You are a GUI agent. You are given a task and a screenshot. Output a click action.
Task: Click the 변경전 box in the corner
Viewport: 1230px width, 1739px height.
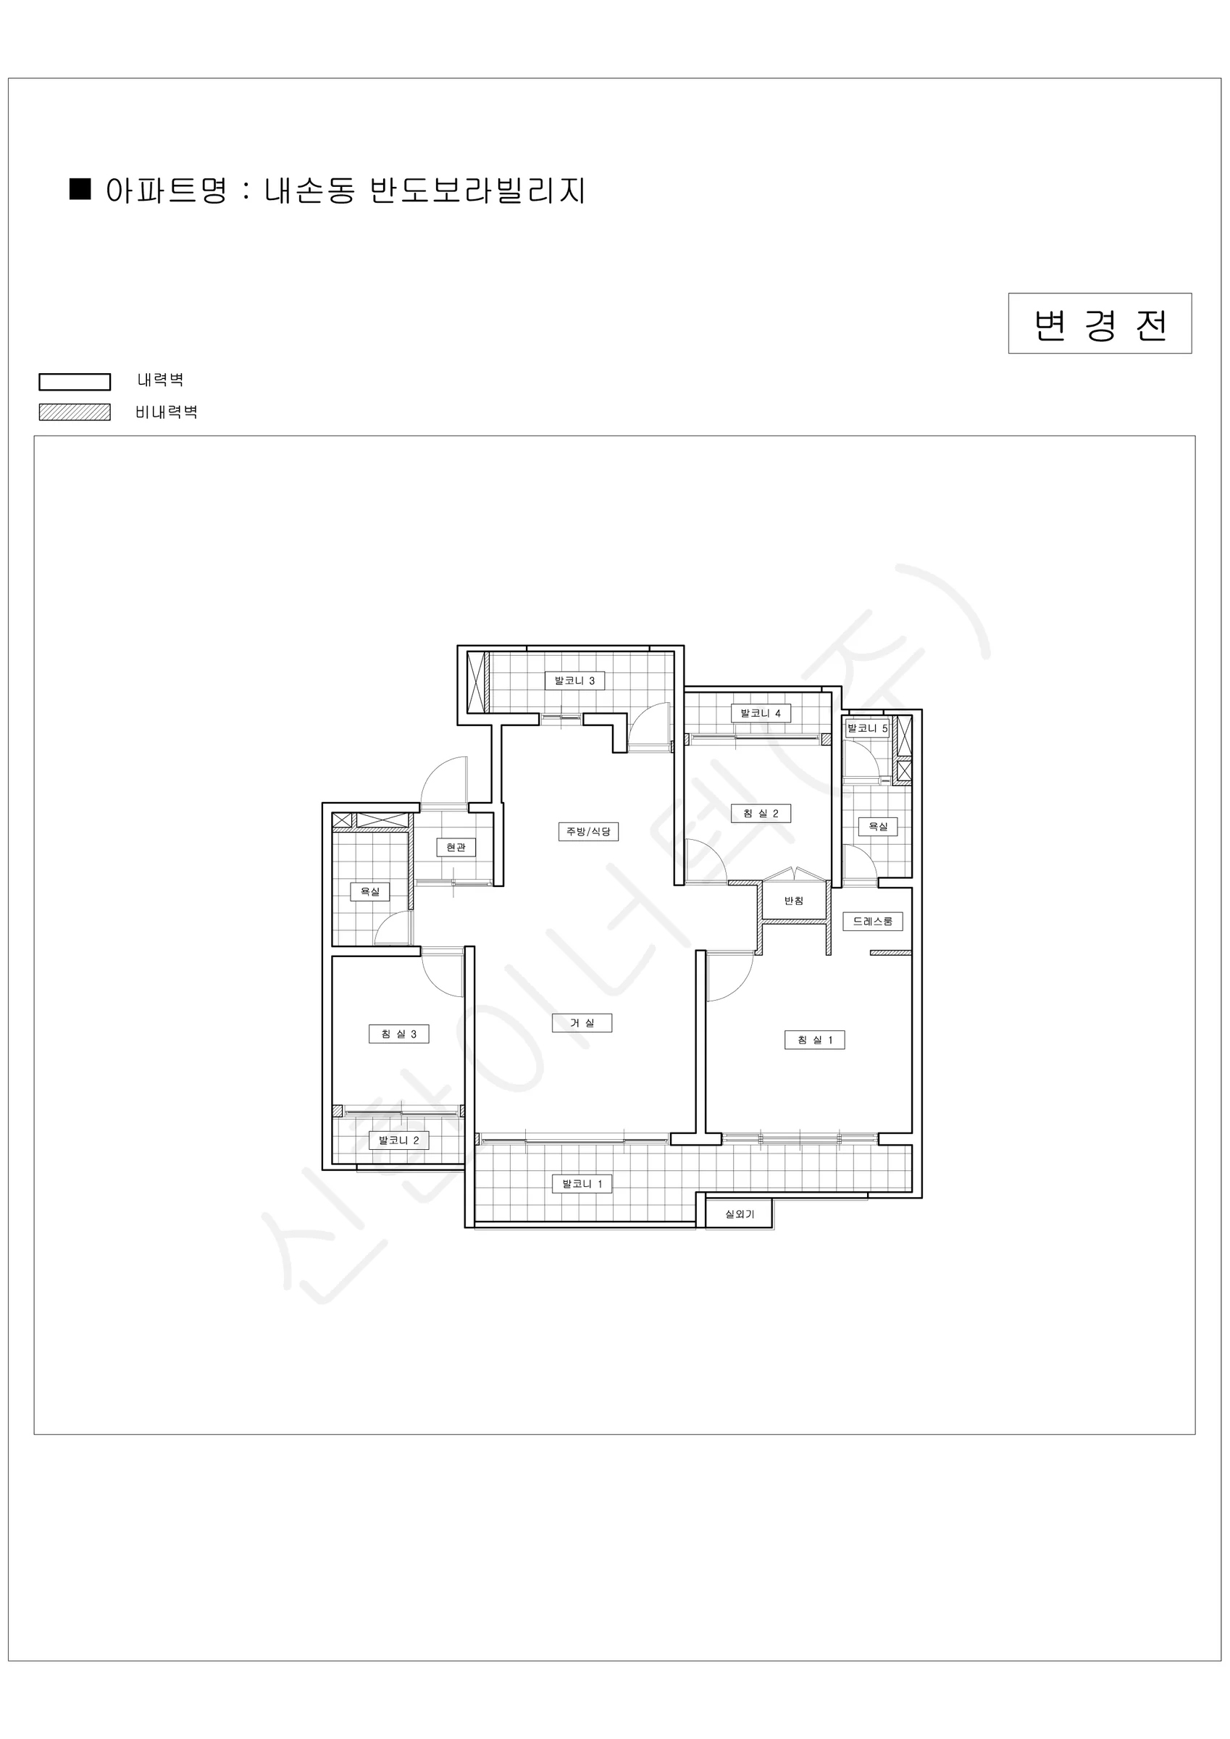[1100, 323]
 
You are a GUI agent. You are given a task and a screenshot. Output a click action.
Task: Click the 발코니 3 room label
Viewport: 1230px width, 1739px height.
[575, 680]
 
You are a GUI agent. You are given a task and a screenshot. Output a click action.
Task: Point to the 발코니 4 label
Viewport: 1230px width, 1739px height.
[761, 713]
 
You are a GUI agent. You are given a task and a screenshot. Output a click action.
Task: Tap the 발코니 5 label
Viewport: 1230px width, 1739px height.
[867, 729]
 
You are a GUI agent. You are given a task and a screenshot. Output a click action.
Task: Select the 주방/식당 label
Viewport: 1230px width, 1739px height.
[588, 832]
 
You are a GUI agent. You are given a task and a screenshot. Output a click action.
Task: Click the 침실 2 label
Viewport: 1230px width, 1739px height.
[761, 814]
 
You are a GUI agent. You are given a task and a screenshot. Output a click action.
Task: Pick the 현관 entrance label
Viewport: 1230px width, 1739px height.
[456, 848]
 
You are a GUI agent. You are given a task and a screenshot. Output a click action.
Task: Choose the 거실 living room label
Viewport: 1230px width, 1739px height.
[582, 1023]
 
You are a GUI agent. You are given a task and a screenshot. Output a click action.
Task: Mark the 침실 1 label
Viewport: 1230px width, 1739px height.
[814, 1040]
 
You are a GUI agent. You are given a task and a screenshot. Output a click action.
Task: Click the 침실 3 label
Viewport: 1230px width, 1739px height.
[398, 1034]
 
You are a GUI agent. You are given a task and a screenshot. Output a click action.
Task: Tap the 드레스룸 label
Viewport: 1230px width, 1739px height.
[872, 921]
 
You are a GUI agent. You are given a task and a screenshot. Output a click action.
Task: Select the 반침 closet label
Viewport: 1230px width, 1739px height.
[794, 901]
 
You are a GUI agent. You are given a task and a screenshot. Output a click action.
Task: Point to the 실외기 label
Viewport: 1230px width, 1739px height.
[739, 1214]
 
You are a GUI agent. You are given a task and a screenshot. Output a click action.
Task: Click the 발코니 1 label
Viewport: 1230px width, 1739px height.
[582, 1184]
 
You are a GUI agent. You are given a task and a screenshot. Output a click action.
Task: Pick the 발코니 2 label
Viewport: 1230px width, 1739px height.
[398, 1140]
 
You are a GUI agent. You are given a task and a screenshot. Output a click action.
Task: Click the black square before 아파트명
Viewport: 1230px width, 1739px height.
[80, 189]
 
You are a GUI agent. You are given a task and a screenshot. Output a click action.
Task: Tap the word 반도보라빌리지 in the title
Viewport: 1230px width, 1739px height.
[477, 191]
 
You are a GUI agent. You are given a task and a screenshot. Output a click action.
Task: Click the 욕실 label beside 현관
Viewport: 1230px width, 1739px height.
[369, 891]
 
